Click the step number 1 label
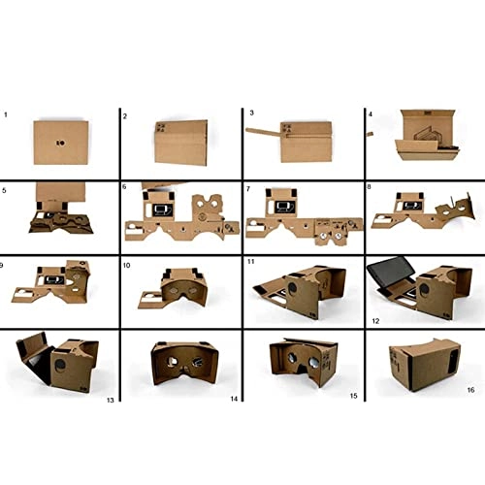6,114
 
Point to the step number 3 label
251,113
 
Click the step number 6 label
125,187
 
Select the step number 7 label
249,187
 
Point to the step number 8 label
370,187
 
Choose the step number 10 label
127,263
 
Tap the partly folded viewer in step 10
179,284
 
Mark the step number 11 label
251,262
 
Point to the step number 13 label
108,396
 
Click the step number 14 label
232,397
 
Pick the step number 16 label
471,390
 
